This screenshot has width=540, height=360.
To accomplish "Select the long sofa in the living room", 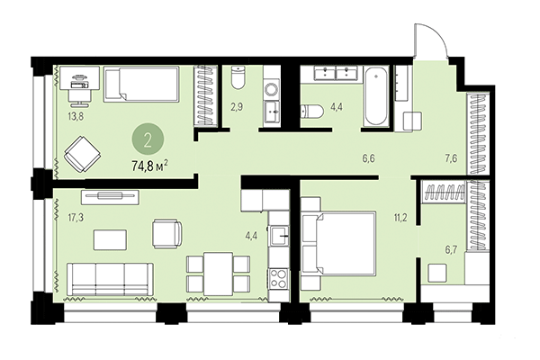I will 111,274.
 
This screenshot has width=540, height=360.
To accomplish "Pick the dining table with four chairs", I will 216,271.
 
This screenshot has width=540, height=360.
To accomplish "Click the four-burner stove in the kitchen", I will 278,274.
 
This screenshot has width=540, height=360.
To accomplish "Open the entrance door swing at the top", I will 426,40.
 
